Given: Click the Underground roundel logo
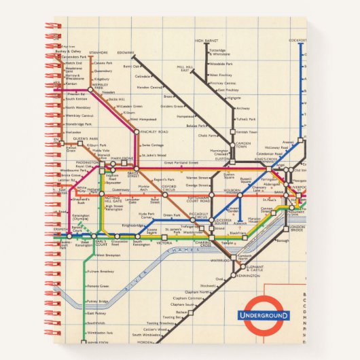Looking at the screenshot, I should (x=263, y=315).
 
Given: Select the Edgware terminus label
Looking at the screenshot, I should (x=126, y=52).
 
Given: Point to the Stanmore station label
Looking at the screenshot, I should (x=98, y=52).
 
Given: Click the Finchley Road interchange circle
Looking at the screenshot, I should (x=137, y=131).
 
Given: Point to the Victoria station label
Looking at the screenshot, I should (x=164, y=242).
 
